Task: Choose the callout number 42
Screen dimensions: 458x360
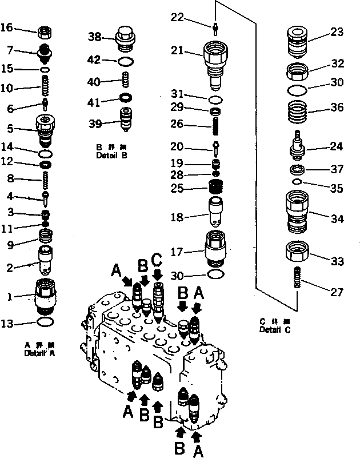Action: [94, 60]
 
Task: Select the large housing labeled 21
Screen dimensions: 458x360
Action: [216, 61]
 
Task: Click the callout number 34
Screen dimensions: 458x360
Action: [337, 219]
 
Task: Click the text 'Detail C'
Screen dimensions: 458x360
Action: [275, 330]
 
